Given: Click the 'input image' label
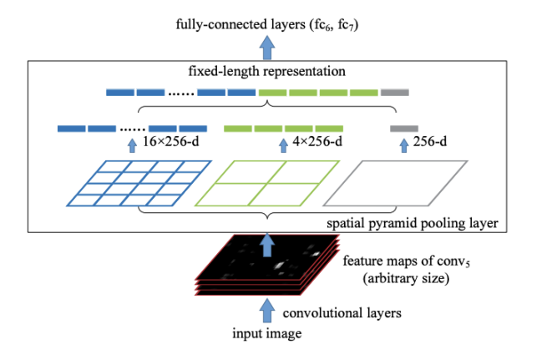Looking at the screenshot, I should (265, 335).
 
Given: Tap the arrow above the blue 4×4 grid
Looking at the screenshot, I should (132, 145).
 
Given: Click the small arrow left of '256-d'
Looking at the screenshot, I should (404, 145).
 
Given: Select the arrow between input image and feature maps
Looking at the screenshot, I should (267, 312).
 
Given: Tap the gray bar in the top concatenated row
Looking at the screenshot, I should (394, 92).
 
